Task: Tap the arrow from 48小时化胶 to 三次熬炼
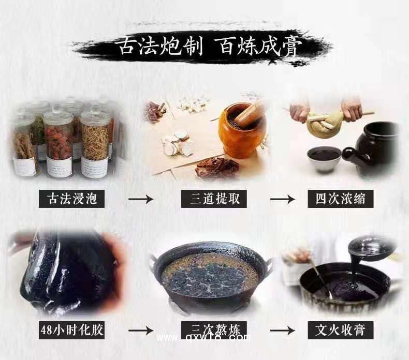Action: tap(140, 329)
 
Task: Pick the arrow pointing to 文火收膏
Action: tap(280, 329)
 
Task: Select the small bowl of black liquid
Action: tap(323, 158)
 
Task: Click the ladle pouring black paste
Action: tap(371, 248)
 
